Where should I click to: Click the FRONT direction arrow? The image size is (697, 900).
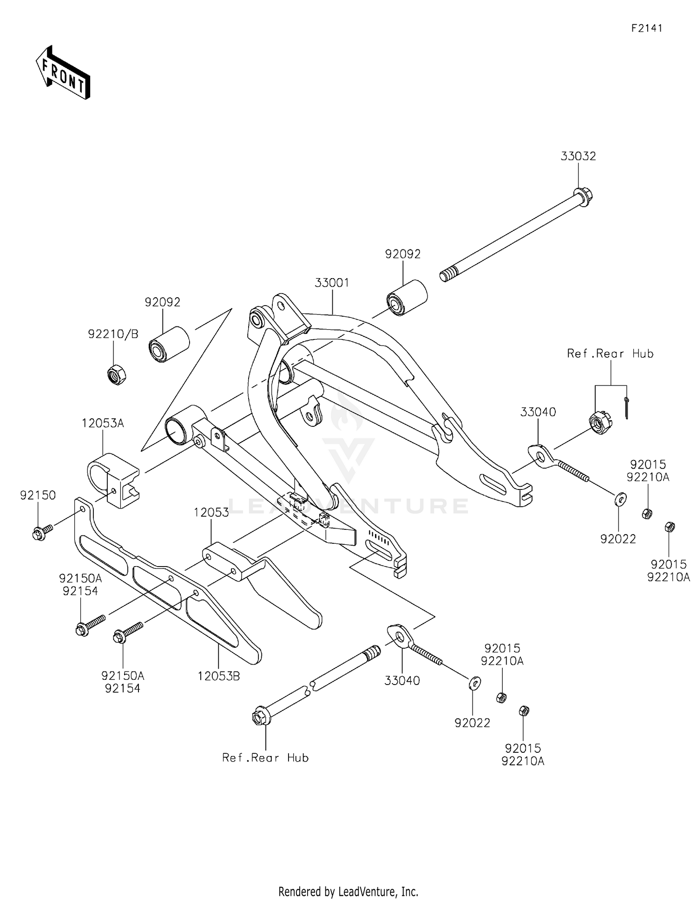[x=63, y=73]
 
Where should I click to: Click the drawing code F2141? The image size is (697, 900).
[x=646, y=28]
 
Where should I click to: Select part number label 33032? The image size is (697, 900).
[x=578, y=157]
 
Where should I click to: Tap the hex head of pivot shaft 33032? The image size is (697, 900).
[x=584, y=193]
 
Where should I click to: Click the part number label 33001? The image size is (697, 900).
[x=332, y=283]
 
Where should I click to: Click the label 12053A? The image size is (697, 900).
[x=103, y=424]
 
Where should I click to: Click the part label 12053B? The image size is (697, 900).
[x=218, y=677]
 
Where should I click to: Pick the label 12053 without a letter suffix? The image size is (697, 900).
[x=211, y=513]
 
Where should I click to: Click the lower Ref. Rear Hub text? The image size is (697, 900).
[x=265, y=758]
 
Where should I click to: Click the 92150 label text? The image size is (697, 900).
[x=38, y=496]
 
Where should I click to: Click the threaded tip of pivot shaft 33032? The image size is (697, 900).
[x=446, y=276]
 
